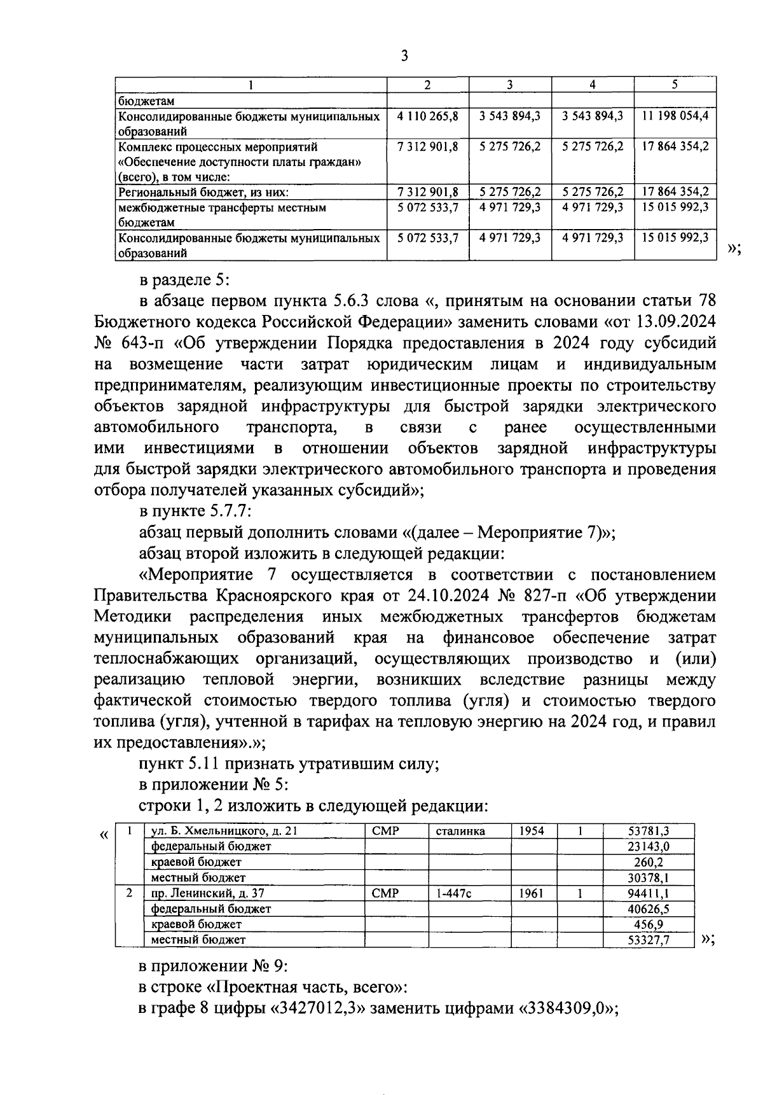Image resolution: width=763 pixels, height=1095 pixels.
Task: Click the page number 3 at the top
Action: [404, 56]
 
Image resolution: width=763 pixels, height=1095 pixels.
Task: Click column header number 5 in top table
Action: [675, 85]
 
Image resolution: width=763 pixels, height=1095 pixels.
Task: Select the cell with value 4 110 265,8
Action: [428, 116]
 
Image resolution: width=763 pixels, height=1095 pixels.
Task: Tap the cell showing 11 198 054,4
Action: [675, 116]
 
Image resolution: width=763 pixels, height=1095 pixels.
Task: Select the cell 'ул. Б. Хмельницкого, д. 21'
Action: [223, 831]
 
